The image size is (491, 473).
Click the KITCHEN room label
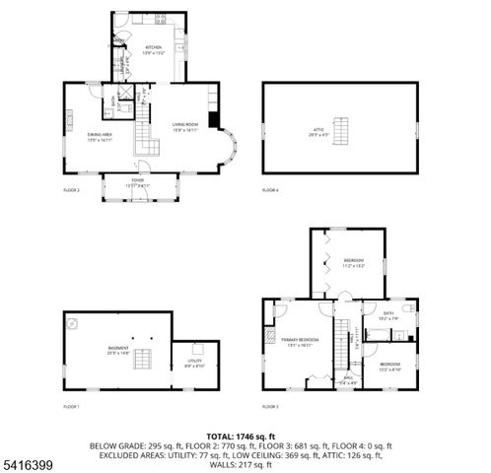(x=154, y=48)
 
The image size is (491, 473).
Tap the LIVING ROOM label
(x=185, y=125)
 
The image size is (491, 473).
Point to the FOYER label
(x=137, y=181)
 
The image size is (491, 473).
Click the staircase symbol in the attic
(x=343, y=130)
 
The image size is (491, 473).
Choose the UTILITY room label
(x=194, y=363)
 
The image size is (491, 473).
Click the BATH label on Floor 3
(x=388, y=314)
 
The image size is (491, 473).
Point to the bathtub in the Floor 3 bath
(x=379, y=334)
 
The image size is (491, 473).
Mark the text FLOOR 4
(x=270, y=188)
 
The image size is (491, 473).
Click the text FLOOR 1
(x=71, y=405)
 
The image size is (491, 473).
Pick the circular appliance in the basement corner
(x=72, y=321)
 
